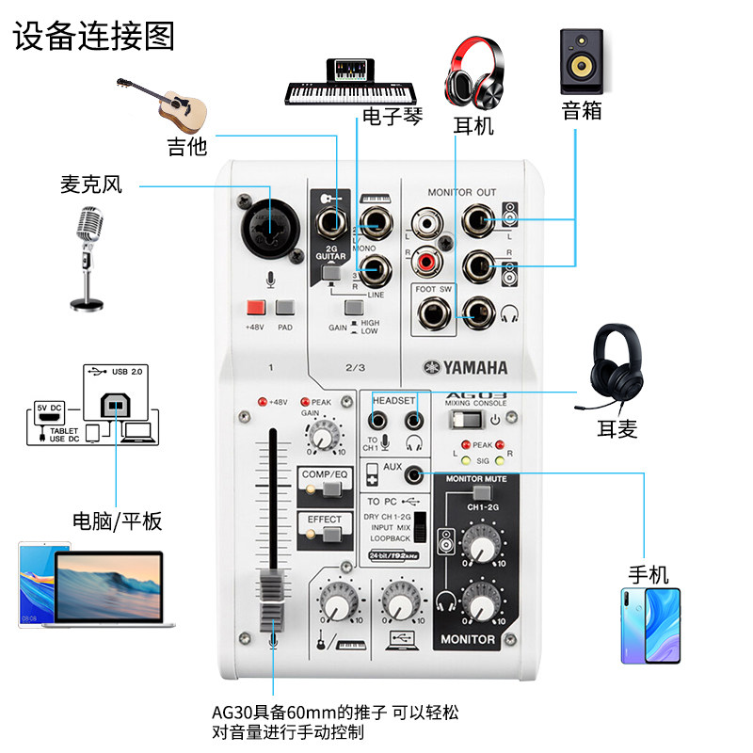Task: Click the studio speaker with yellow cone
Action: [x=582, y=61]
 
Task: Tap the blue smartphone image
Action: [x=649, y=626]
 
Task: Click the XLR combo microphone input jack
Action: [x=270, y=223]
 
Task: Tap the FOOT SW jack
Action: [x=434, y=312]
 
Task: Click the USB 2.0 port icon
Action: [x=112, y=404]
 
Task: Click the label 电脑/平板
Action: [x=117, y=520]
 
